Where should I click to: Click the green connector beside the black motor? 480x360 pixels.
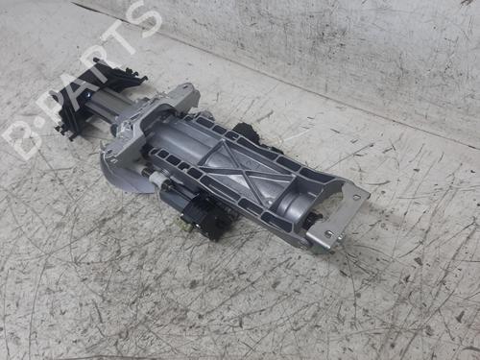186,226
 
